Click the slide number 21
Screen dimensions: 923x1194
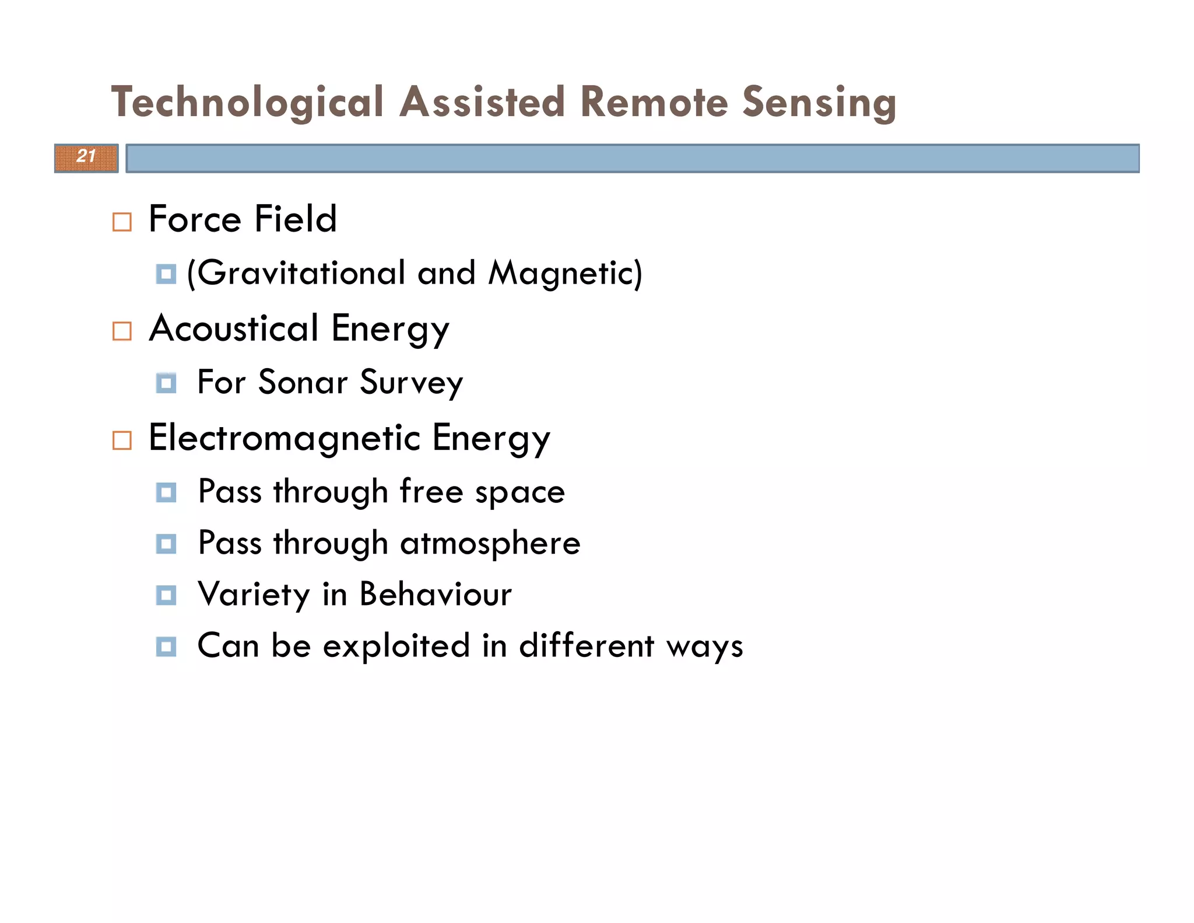pos(86,156)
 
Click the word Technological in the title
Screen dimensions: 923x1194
pos(247,102)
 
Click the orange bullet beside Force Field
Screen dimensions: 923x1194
pos(122,222)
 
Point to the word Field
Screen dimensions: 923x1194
pos(296,219)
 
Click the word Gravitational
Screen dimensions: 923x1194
pos(301,273)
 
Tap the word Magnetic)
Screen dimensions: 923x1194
pos(566,273)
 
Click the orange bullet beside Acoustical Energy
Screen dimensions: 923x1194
pos(122,331)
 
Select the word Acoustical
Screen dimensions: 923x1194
pos(234,328)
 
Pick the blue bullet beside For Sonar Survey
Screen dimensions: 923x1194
pos(166,383)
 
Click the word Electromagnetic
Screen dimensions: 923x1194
pos(285,438)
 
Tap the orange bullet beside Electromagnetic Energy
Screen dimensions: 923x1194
pos(122,440)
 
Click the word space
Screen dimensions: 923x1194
pos(519,492)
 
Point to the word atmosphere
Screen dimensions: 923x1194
pos(490,543)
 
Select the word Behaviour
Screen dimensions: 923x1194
pos(436,595)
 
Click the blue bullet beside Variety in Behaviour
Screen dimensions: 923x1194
pos(166,596)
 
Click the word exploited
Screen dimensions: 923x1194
pos(396,646)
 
